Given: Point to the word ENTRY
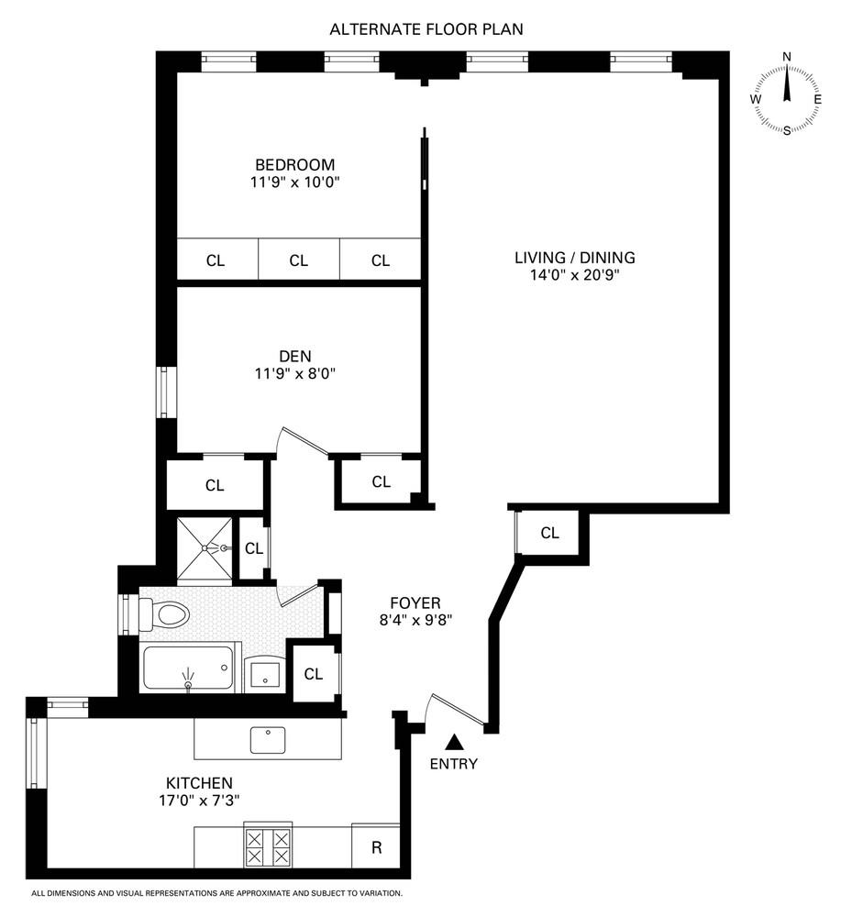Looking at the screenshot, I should [454, 764].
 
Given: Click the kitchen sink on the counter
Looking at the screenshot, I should [268, 738].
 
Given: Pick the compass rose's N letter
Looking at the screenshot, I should [786, 57].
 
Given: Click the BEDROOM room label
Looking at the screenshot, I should [294, 165].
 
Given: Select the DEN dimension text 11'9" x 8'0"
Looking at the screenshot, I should [294, 373].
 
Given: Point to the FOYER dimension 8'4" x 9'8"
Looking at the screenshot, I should [415, 619].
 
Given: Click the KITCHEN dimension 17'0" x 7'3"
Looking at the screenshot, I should [199, 800].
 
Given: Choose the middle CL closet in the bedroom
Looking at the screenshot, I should [298, 260].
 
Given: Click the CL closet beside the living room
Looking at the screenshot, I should [549, 533].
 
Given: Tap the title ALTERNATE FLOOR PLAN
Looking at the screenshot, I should [426, 29].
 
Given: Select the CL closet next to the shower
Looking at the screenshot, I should [254, 549].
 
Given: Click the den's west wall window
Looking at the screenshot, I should [166, 392].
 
